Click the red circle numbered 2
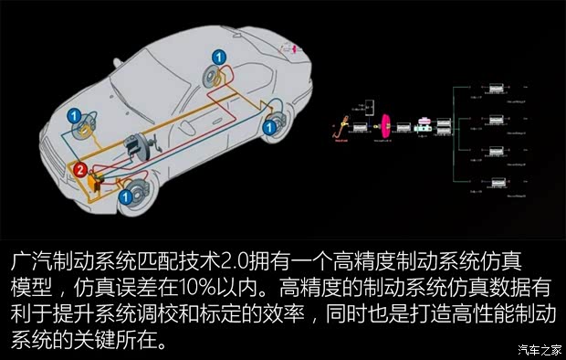(80, 170)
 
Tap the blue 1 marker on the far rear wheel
(218, 58)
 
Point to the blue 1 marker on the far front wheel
(74, 116)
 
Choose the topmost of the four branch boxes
(498, 88)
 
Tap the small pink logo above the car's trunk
(294, 47)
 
